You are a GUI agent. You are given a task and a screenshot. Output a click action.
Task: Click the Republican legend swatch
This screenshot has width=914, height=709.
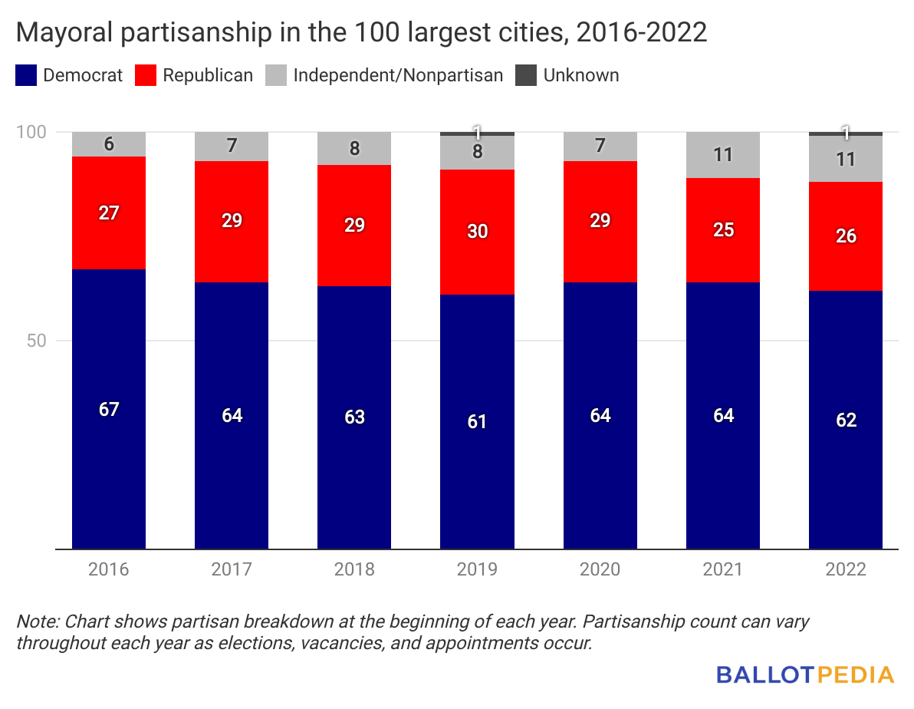tap(146, 75)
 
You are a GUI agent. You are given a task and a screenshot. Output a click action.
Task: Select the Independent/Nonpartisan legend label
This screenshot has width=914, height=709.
tap(398, 75)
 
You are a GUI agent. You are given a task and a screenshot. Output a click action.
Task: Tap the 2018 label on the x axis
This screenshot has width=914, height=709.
tap(354, 569)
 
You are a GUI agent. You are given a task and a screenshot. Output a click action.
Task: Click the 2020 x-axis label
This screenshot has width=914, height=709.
tap(600, 569)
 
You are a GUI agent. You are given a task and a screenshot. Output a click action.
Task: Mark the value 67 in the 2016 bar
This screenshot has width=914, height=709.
tap(109, 409)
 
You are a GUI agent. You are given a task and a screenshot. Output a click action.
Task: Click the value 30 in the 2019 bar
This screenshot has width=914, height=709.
tap(477, 232)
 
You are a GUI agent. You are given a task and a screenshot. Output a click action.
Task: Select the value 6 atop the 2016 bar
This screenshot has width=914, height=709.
tap(109, 144)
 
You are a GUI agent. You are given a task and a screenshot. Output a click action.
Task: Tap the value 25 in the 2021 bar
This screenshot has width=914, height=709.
tap(723, 229)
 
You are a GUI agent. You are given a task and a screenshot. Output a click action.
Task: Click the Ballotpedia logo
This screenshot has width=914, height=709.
tap(805, 674)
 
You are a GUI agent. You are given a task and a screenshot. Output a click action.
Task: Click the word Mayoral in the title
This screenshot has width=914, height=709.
tap(55, 34)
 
